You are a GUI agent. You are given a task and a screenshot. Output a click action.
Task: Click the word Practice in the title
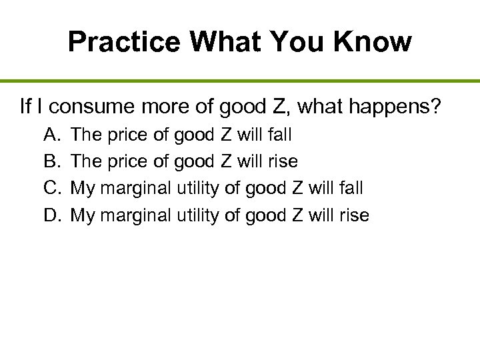point(124,42)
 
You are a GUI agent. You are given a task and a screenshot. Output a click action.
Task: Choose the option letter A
point(51,135)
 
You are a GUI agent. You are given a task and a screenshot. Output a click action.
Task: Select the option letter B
point(51,161)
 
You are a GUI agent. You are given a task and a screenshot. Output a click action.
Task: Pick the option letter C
point(52,188)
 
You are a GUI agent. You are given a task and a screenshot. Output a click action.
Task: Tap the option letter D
point(52,215)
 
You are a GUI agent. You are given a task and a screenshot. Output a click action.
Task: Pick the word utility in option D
point(198,215)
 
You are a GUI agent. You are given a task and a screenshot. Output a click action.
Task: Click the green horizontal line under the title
point(240,81)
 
